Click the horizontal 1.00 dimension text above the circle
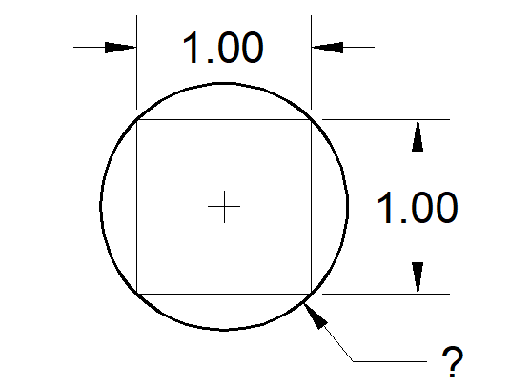tap(223, 48)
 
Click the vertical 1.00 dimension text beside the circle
tap(418, 207)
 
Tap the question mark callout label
tap(452, 361)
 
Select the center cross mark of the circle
tap(224, 207)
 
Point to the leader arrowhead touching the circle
tap(316, 316)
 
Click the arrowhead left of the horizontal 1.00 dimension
tap(120, 48)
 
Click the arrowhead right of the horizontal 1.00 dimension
tap(327, 48)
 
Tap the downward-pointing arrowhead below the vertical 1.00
tap(418, 277)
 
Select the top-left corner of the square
tap(137, 120)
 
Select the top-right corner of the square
tap(311, 120)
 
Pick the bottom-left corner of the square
tap(137, 294)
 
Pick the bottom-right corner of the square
tap(311, 294)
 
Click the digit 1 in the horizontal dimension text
tap(192, 48)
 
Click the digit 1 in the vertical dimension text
tap(386, 207)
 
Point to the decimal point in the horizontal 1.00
tap(210, 60)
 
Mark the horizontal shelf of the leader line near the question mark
tap(390, 361)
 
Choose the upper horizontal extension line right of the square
tap(386, 120)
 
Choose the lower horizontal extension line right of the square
tap(386, 294)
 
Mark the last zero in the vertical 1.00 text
tap(446, 208)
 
